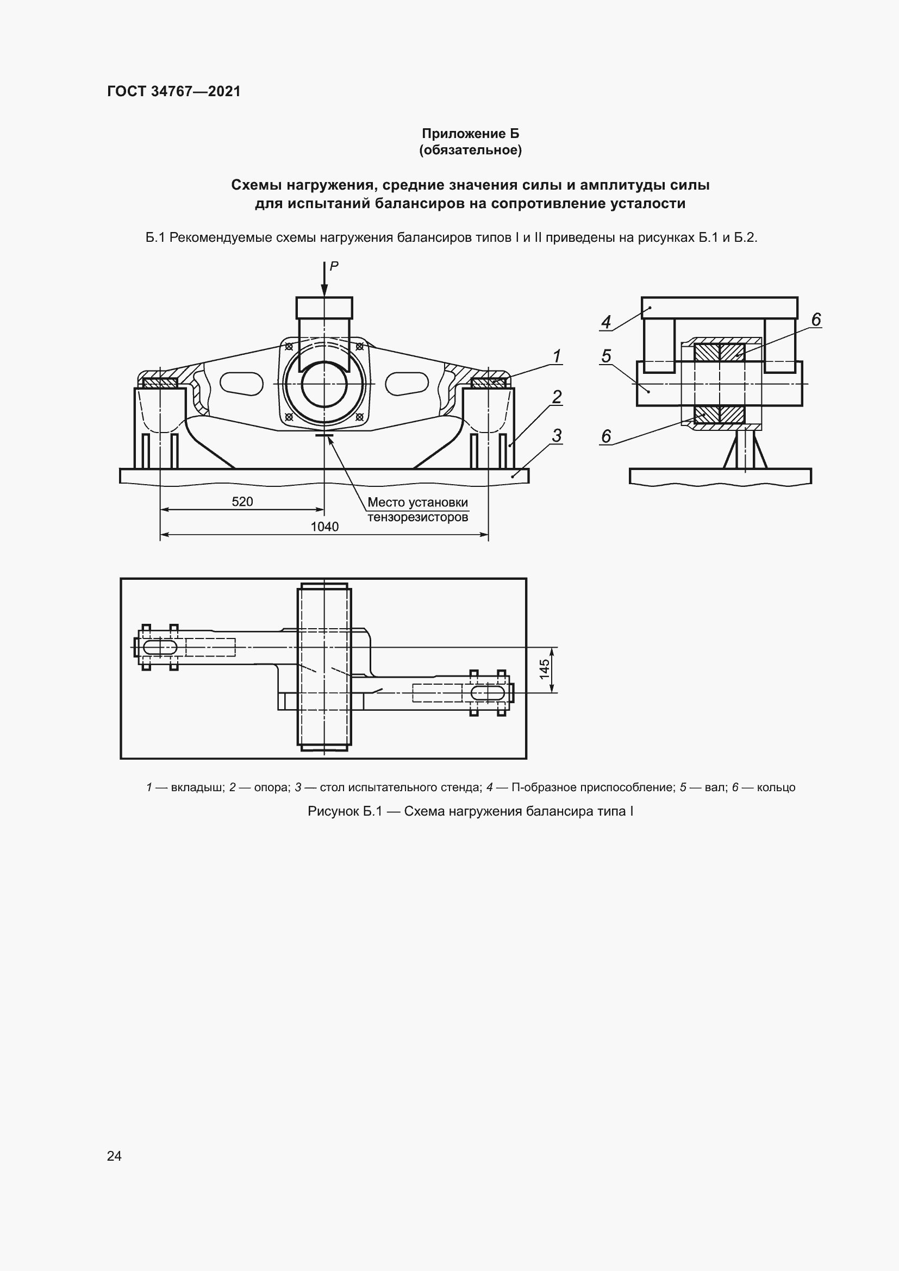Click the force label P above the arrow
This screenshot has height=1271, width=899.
coord(334,266)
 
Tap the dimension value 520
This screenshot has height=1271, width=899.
coord(242,502)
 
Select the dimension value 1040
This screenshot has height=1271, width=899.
coord(324,527)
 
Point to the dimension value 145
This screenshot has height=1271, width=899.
coord(545,669)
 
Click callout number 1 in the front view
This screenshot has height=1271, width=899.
coord(557,355)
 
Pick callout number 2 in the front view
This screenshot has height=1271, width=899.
coord(557,396)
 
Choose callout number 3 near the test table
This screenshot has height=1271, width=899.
coord(557,436)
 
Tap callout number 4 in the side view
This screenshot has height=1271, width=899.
coord(606,322)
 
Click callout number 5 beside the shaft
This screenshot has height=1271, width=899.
coord(606,356)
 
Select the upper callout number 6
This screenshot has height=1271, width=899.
coord(815,320)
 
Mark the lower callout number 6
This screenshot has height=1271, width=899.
coord(606,436)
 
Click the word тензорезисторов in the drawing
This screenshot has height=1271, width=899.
coord(417,517)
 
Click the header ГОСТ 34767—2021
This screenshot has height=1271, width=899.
coord(174,91)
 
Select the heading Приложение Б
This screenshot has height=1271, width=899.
coord(471,134)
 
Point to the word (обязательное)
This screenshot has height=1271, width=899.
coord(471,150)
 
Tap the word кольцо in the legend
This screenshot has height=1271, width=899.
coord(776,787)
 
